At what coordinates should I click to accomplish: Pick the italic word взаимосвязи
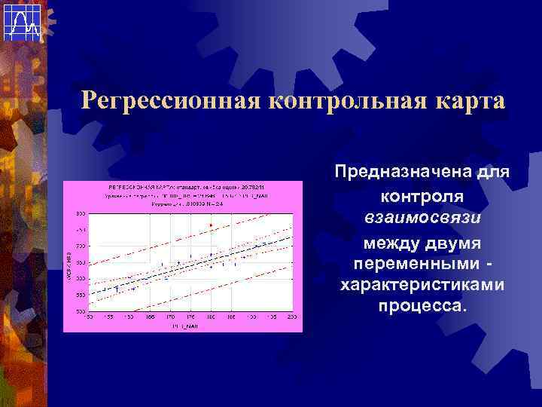(422, 219)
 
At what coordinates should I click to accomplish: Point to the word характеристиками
(422, 286)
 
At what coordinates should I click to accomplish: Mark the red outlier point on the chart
(211, 225)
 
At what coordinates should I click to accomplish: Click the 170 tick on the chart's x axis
(170, 317)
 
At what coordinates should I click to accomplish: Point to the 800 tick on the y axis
(80, 213)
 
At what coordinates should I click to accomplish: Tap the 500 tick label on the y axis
(80, 311)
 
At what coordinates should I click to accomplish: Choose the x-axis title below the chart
(184, 325)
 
